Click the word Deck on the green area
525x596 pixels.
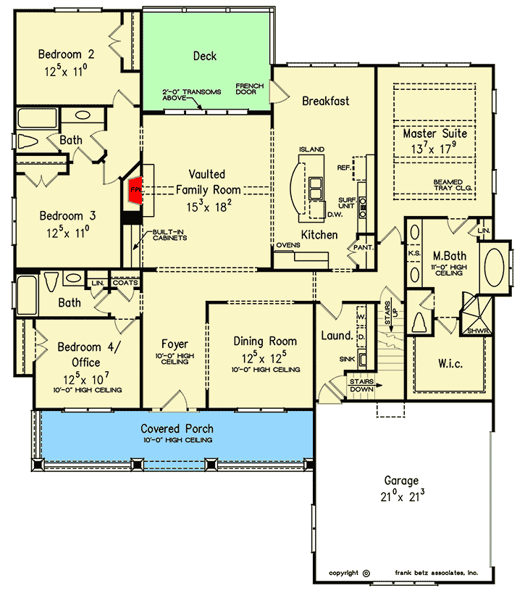click(205, 56)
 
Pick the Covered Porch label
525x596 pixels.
click(177, 429)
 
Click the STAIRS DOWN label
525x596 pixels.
click(361, 384)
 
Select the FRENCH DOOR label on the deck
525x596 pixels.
click(250, 89)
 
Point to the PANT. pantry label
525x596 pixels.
click(364, 247)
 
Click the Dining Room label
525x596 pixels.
click(265, 341)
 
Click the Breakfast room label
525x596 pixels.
click(325, 101)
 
